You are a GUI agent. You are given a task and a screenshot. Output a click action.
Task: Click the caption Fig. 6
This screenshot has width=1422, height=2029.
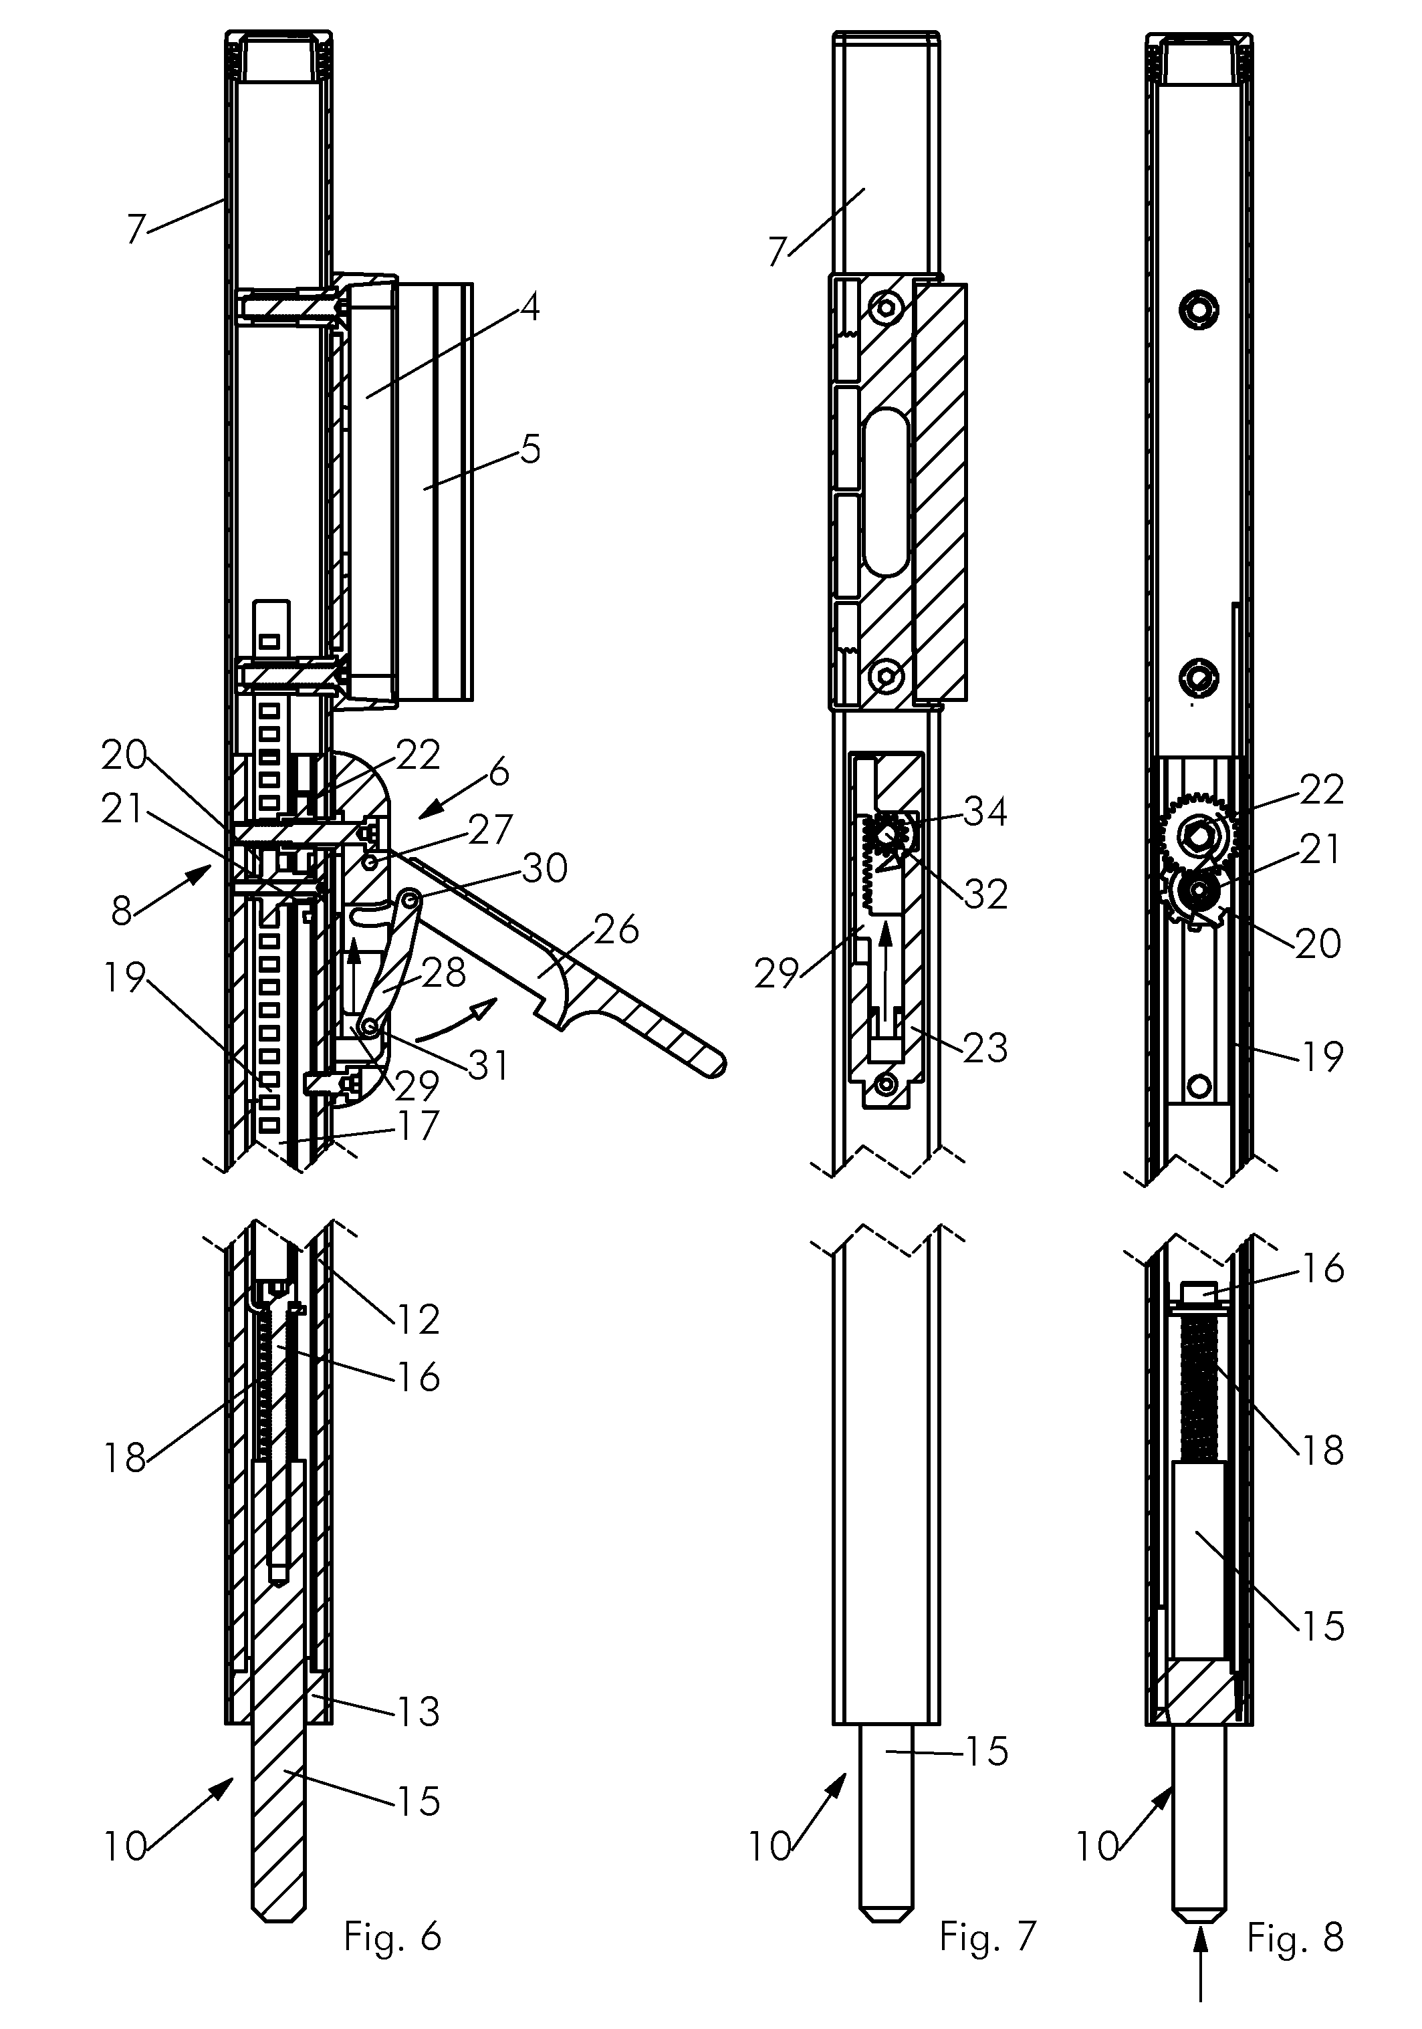[x=392, y=1937]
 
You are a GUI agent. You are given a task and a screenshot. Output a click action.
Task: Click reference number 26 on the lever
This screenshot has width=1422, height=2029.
[x=616, y=930]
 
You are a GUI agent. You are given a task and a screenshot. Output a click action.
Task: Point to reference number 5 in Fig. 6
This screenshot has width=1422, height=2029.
[x=529, y=449]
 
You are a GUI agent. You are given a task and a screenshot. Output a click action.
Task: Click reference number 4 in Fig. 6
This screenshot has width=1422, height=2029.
[x=529, y=308]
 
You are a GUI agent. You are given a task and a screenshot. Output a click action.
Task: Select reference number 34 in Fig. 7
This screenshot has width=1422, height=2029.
[x=985, y=810]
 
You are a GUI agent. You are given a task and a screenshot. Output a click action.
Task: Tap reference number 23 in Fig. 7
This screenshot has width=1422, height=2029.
[x=985, y=1048]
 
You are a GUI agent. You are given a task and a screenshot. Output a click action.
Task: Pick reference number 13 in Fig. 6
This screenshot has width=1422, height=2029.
[x=417, y=1711]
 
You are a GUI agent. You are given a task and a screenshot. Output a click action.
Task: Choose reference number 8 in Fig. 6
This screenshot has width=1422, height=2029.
[x=122, y=911]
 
